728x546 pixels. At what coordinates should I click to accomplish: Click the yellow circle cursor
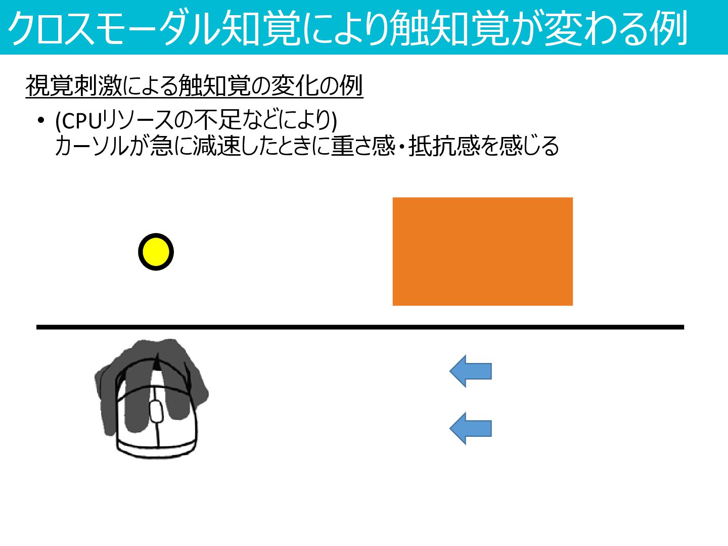pos(156,252)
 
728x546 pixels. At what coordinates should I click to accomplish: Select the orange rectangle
pos(482,251)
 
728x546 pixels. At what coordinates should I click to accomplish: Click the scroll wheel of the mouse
pos(156,411)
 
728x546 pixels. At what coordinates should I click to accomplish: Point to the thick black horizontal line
pos(360,327)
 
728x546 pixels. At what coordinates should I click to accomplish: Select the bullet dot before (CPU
pos(40,121)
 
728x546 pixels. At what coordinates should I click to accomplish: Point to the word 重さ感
pos(363,146)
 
